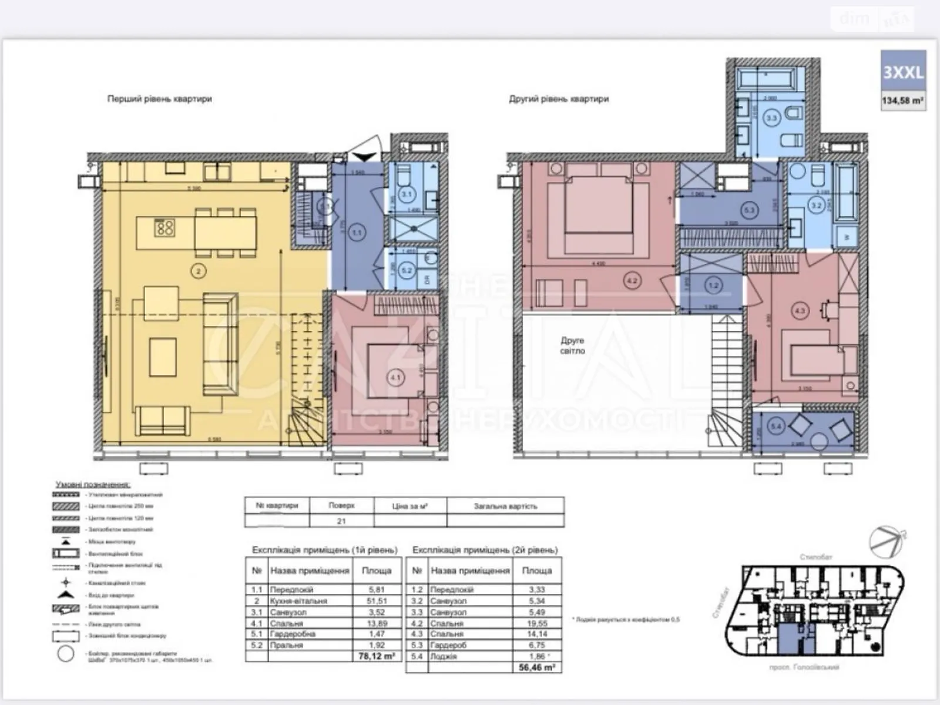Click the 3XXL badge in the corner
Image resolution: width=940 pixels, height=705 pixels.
coord(903,72)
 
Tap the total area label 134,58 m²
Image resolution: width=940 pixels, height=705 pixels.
coord(903,100)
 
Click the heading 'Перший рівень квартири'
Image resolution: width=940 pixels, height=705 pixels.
coord(159,99)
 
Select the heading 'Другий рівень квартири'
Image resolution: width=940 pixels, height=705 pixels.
coord(558,99)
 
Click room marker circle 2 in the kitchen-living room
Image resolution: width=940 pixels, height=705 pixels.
coord(199,271)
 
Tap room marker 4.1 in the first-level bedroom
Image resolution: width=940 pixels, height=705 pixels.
coord(395,377)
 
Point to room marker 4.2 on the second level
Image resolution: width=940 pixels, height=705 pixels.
coord(632,281)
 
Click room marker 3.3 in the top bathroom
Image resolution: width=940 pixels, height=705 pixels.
coord(771,117)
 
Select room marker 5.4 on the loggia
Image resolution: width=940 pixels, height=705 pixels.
coord(776,427)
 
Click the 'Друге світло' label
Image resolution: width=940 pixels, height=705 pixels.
coord(572,345)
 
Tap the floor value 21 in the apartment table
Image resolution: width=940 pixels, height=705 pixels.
coord(341,521)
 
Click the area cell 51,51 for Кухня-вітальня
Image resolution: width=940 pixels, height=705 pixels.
coord(377,600)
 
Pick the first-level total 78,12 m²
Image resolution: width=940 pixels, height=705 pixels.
coord(377,656)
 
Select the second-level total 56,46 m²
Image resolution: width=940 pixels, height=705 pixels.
coord(536,667)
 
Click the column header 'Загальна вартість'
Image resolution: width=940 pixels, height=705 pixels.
coord(505,505)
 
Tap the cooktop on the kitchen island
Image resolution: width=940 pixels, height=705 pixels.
coord(164,227)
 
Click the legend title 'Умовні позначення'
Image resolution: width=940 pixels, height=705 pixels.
coord(93,485)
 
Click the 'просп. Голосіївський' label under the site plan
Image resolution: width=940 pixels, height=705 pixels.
coord(804,667)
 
